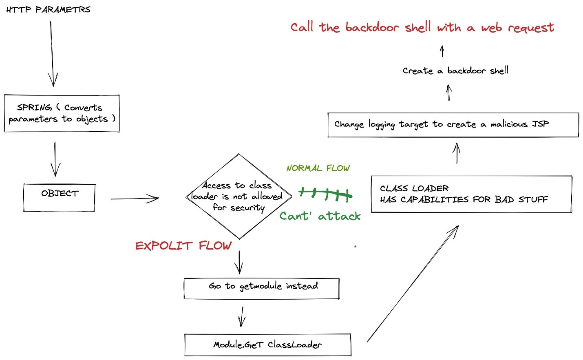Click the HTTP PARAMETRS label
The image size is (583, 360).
pos(48,9)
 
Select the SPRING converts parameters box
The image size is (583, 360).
pos(62,113)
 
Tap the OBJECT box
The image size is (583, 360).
pos(59,198)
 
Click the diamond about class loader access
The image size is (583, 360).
pos(239,197)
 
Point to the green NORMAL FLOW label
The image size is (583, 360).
pos(318,168)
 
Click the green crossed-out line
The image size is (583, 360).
pos(325,194)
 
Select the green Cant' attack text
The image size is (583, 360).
pos(320,216)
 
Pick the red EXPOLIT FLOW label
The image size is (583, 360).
pos(183,245)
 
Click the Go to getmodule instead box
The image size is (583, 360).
pos(262,289)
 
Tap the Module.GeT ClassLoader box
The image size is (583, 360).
pos(267,345)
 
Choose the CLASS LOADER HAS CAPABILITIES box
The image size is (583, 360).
pos(471,194)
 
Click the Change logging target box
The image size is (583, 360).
pos(453,125)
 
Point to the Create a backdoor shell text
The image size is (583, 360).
pos(455,71)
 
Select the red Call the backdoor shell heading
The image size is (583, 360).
pos(422,27)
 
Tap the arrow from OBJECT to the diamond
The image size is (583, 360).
pos(135,199)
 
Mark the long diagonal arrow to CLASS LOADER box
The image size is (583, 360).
pos(413,283)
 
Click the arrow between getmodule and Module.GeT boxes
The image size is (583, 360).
pos(242,317)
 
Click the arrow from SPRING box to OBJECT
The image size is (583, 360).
pos(55,159)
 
